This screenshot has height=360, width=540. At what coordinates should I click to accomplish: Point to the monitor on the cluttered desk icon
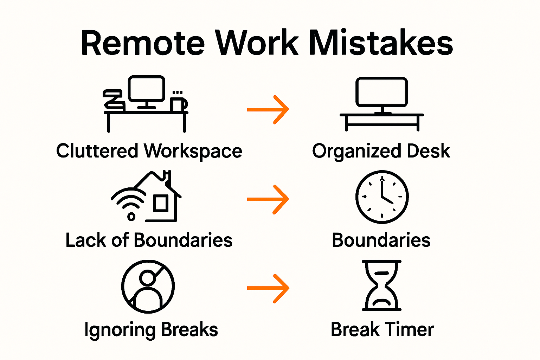click(146, 89)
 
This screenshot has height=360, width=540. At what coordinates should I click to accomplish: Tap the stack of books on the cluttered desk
click(114, 100)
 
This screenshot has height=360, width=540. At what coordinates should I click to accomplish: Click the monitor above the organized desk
click(381, 92)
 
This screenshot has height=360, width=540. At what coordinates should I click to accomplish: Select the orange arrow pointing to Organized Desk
click(268, 109)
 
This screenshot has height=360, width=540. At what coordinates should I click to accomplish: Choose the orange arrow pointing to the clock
click(268, 199)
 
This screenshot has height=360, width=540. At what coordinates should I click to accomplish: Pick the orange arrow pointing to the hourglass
click(268, 289)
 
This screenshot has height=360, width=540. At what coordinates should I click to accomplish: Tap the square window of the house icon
click(161, 203)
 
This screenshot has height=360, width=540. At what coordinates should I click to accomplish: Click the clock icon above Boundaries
click(382, 197)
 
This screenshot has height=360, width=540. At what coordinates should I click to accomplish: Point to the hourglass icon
click(382, 285)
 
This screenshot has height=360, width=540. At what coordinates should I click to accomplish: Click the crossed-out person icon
click(148, 287)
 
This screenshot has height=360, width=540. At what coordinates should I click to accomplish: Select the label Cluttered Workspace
click(149, 151)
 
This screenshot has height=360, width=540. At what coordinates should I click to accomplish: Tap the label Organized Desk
click(381, 151)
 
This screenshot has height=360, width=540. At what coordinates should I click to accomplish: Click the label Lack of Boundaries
click(149, 240)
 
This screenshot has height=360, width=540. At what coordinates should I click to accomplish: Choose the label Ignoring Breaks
click(151, 330)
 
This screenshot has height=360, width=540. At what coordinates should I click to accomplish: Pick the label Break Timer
click(382, 330)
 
